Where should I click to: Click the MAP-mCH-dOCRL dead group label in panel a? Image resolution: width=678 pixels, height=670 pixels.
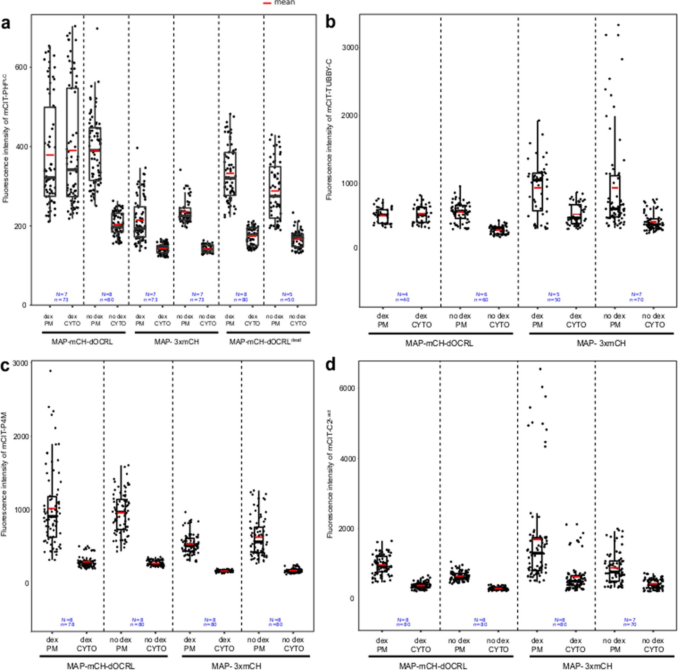pyautogui.click(x=265, y=342)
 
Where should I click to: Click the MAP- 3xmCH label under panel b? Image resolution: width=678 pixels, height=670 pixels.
pyautogui.click(x=601, y=343)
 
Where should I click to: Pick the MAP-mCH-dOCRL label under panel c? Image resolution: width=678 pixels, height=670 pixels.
pyautogui.click(x=101, y=656)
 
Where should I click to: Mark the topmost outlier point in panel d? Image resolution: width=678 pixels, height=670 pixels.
pyautogui.click(x=540, y=369)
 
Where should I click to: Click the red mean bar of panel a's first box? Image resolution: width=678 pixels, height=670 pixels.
pyautogui.click(x=50, y=155)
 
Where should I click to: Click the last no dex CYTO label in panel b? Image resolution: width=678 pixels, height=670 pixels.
pyautogui.click(x=653, y=320)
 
